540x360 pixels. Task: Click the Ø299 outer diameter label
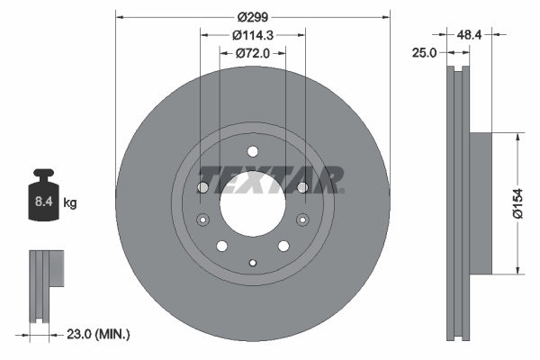pos(253,16)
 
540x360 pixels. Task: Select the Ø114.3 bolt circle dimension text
pos(253,35)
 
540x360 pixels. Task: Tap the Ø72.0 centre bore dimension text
pos(253,53)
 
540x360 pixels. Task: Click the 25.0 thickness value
pos(424,53)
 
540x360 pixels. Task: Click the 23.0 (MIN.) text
pos(99,334)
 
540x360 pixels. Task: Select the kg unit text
pos(70,204)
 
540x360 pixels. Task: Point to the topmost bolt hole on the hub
pos(253,150)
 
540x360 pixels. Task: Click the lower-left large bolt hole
pos(222,246)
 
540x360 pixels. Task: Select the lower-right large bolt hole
pos(283,246)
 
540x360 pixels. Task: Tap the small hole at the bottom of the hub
pos(253,263)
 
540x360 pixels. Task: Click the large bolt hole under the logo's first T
pos(203,187)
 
